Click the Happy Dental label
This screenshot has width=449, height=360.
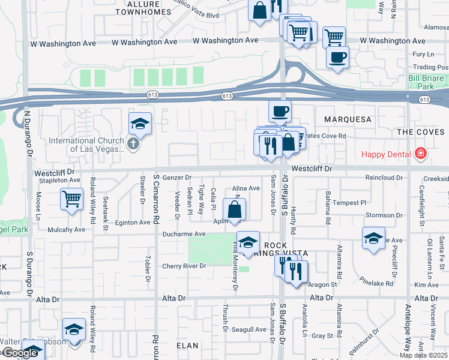[x=386, y=154]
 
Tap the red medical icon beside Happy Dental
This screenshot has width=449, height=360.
[x=421, y=154]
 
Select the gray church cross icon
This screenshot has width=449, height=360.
[x=133, y=143]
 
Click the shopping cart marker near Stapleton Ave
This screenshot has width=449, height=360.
[x=72, y=198]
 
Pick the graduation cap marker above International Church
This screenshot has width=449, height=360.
[x=140, y=123]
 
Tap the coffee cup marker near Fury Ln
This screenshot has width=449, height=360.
[x=337, y=58]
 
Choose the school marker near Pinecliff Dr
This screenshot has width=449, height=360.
[x=373, y=238]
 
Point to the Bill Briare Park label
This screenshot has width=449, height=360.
[x=426, y=82]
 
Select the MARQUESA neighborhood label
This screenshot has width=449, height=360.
[x=348, y=119]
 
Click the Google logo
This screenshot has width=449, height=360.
[x=19, y=353]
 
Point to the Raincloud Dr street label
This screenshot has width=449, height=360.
[x=384, y=178]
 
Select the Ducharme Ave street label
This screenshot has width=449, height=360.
[x=183, y=234]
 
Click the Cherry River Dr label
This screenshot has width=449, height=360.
[x=184, y=266]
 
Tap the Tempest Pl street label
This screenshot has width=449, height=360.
[x=349, y=203]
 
